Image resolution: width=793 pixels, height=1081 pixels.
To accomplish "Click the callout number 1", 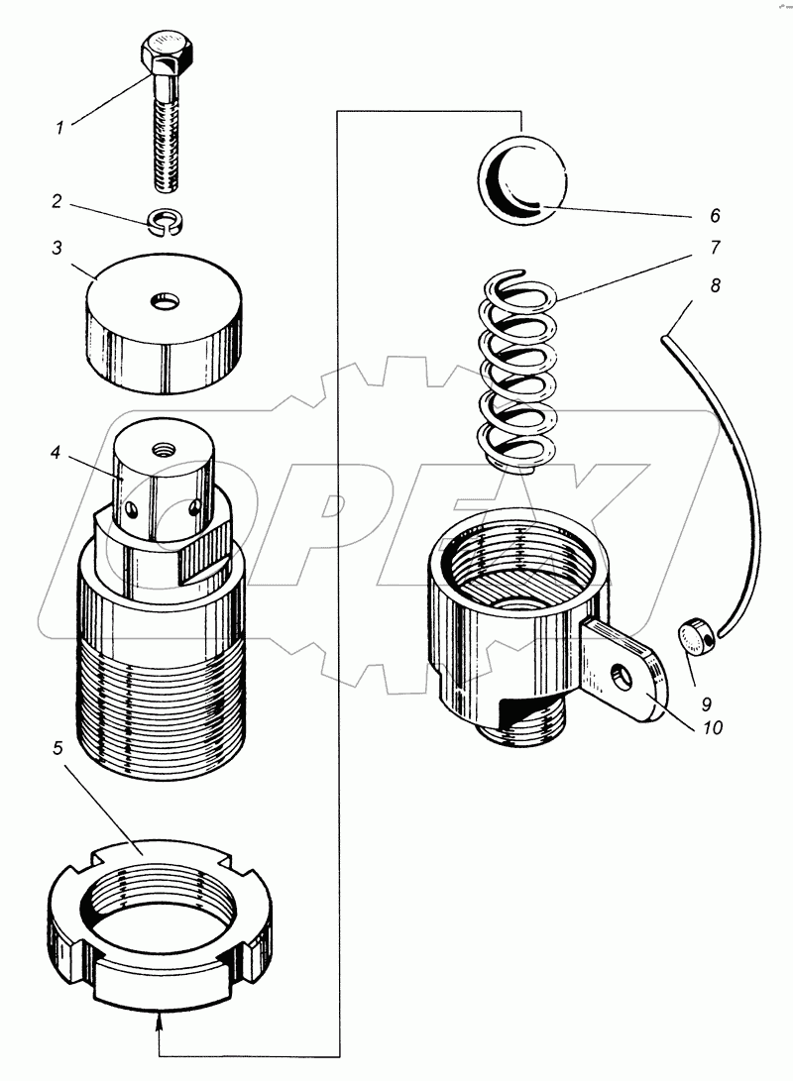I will pyautogui.click(x=59, y=127).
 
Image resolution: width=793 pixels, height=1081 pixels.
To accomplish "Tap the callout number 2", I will pyautogui.click(x=57, y=201).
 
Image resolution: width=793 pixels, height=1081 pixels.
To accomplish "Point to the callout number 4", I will pyautogui.click(x=57, y=454).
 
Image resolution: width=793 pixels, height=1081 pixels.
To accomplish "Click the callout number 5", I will pyautogui.click(x=57, y=746).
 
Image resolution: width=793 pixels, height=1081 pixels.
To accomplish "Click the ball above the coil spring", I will pyautogui.click(x=525, y=179).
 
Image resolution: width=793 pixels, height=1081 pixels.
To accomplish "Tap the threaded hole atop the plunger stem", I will pyautogui.click(x=163, y=448).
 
